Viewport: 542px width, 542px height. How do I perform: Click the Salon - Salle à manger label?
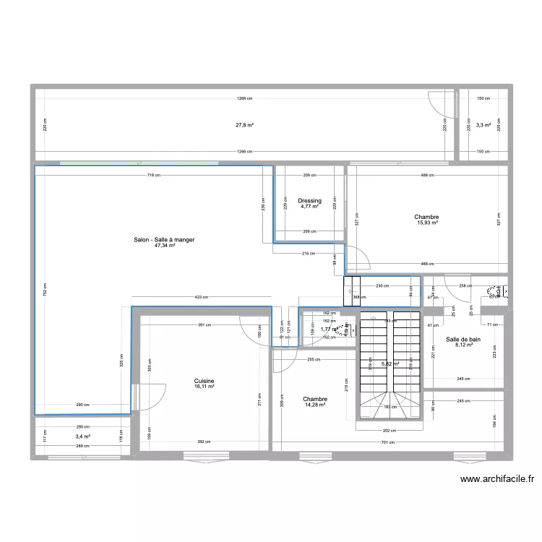(164, 239)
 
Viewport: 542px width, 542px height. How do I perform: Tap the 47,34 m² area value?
(164, 246)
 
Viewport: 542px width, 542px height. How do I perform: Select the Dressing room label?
(309, 201)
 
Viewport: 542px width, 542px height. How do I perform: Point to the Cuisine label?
(204, 381)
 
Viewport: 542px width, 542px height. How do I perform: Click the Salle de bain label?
(463, 339)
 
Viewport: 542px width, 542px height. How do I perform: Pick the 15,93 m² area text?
(426, 223)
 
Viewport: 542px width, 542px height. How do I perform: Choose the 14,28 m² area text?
(315, 405)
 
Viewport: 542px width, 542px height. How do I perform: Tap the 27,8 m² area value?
(244, 125)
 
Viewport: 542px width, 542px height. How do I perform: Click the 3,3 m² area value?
(483, 125)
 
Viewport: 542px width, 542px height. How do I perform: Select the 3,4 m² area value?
(82, 436)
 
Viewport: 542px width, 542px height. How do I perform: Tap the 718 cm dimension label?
(152, 175)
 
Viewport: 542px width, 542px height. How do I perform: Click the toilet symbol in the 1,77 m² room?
(349, 331)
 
